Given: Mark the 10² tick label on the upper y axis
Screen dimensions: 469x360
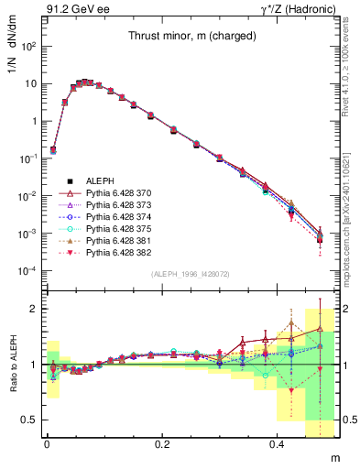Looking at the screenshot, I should [x=27, y=46].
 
